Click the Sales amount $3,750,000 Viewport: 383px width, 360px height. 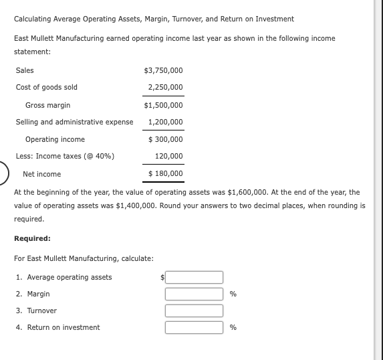click(163, 70)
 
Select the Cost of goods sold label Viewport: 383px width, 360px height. click(46, 87)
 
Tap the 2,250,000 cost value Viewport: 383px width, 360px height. click(165, 87)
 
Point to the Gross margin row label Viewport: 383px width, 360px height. click(47, 105)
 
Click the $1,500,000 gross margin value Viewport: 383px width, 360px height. click(163, 105)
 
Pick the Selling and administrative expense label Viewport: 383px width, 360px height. click(74, 122)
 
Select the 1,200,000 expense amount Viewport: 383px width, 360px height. click(165, 122)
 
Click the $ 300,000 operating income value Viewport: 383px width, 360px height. click(165, 139)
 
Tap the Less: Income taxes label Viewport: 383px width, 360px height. click(65, 156)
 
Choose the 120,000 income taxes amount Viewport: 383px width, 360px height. click(168, 156)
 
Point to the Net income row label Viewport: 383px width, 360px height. click(41, 174)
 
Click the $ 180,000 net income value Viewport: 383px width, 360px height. click(165, 174)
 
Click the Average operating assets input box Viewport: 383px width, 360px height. click(194, 277)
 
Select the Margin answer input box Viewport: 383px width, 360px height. click(194, 294)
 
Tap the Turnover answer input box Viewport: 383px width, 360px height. click(194, 310)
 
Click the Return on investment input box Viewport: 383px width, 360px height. click(194, 327)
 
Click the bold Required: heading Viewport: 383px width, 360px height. click(32, 238)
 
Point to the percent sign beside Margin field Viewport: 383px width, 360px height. click(233, 294)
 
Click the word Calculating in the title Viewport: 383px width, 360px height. click(31, 18)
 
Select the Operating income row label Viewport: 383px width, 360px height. click(55, 139)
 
